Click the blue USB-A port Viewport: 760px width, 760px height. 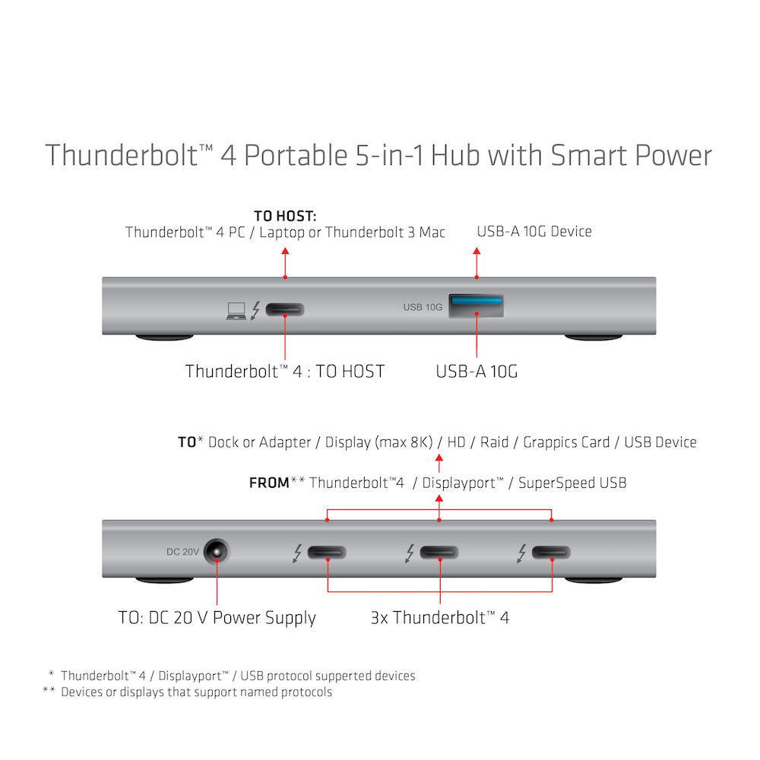[x=477, y=306]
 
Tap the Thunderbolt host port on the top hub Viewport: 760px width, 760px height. [x=285, y=309]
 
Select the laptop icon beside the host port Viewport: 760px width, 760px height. [x=236, y=310]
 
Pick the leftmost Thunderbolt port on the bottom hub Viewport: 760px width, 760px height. [x=327, y=552]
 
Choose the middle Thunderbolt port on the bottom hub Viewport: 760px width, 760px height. [x=440, y=552]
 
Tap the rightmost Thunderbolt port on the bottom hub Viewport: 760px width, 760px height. [x=553, y=552]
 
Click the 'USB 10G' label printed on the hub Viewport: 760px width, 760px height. [x=423, y=307]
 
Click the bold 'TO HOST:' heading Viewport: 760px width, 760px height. [x=285, y=217]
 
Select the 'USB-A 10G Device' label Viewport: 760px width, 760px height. [x=534, y=231]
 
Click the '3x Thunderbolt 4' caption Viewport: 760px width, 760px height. [x=440, y=617]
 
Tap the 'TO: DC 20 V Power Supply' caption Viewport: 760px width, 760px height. [x=217, y=617]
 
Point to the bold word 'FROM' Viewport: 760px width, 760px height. [x=269, y=483]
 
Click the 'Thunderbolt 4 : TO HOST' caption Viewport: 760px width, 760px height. [x=285, y=372]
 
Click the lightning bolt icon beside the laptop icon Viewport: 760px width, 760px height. [x=255, y=310]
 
